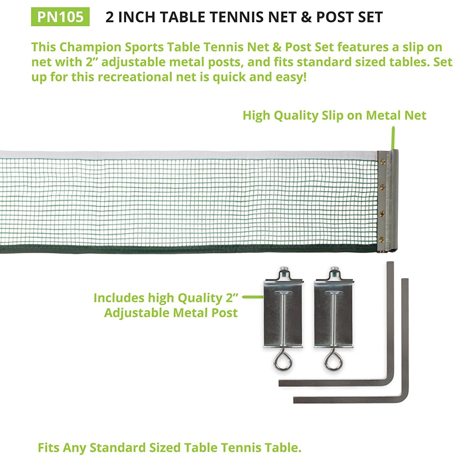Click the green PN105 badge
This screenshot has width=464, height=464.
pos(60,17)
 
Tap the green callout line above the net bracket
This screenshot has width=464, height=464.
pos(393,138)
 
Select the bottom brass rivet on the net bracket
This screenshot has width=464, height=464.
pos(382,239)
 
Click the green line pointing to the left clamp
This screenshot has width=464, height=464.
pos(253,297)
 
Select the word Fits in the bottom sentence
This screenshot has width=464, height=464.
pos(49,448)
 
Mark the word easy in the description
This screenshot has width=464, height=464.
pos(291,77)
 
